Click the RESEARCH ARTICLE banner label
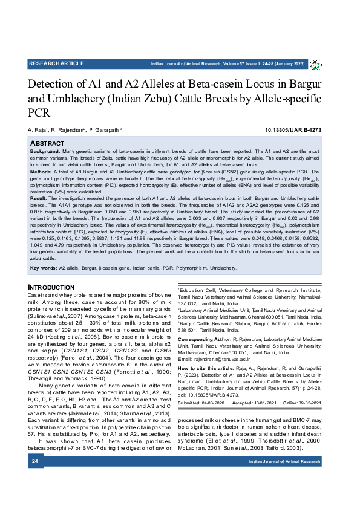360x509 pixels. point(56,63)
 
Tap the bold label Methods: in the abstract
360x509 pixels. point(42,172)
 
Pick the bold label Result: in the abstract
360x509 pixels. point(39,198)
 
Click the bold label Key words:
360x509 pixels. point(44,267)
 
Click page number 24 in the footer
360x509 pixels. point(35,478)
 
